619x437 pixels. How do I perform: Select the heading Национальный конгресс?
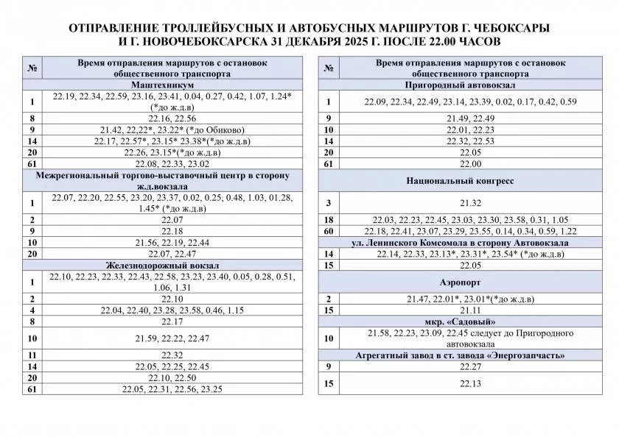click(459, 180)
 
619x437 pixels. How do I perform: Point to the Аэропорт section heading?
click(459, 282)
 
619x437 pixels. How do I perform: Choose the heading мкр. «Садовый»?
click(459, 322)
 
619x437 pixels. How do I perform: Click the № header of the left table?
click(32, 68)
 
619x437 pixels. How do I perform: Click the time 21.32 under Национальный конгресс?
click(459, 202)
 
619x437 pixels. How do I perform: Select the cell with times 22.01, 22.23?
click(459, 129)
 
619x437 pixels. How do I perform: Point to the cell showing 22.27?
click(459, 366)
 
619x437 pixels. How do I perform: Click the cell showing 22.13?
click(459, 383)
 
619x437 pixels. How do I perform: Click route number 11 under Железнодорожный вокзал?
click(32, 355)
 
